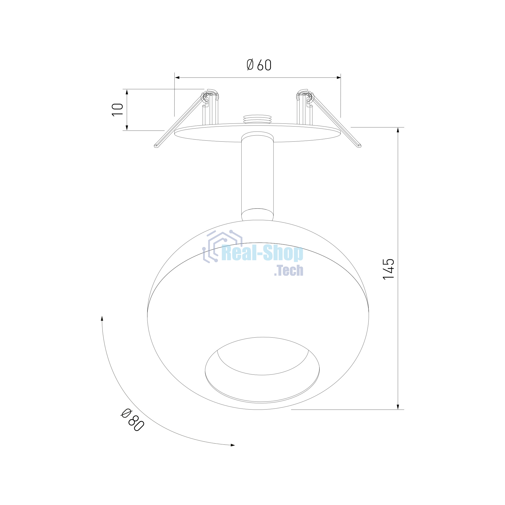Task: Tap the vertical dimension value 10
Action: (x=117, y=110)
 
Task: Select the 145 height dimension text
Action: (x=388, y=269)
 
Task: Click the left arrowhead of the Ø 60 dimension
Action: (x=177, y=77)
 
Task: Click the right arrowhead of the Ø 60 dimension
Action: (x=339, y=77)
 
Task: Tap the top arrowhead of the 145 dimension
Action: (x=398, y=130)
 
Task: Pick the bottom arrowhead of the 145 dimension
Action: (x=398, y=407)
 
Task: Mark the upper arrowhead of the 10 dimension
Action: (x=127, y=92)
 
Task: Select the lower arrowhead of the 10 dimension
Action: (x=127, y=128)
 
